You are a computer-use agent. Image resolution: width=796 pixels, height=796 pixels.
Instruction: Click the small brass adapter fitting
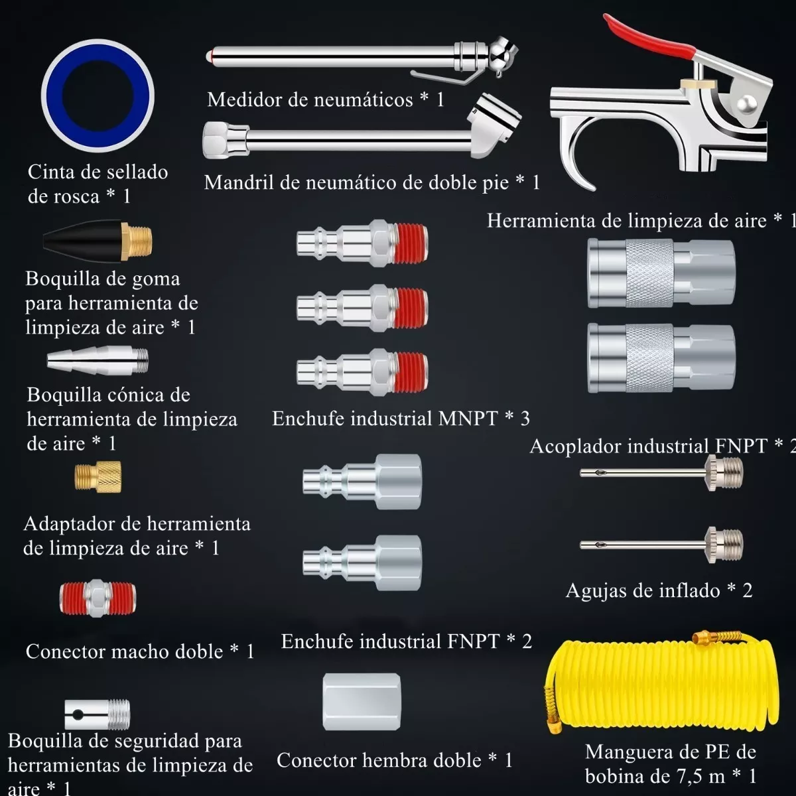click(98, 476)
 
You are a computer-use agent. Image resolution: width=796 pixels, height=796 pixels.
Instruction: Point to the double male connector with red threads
click(98, 598)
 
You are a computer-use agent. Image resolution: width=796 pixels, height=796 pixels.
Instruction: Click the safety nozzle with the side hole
click(98, 714)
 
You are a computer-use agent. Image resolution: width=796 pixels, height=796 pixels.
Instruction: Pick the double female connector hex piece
click(362, 702)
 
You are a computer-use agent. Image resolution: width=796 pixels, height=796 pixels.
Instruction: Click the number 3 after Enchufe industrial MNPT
click(525, 419)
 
